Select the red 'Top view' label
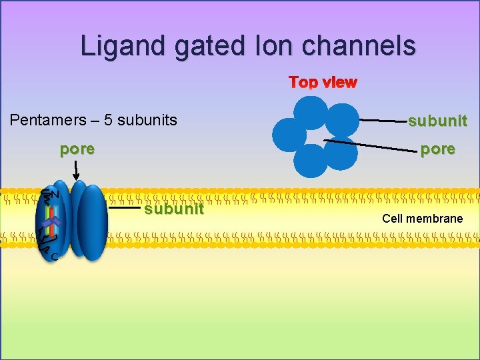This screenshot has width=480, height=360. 323,83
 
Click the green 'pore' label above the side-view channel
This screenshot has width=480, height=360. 77,149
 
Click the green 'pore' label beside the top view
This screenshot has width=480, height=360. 437,149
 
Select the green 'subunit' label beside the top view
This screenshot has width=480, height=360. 437,121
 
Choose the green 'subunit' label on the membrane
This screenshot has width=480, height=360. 175,209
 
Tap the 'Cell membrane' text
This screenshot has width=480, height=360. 422,219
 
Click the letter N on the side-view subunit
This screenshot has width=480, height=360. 55,195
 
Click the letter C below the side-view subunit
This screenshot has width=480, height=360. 54,257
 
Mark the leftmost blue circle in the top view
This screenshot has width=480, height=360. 289,134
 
